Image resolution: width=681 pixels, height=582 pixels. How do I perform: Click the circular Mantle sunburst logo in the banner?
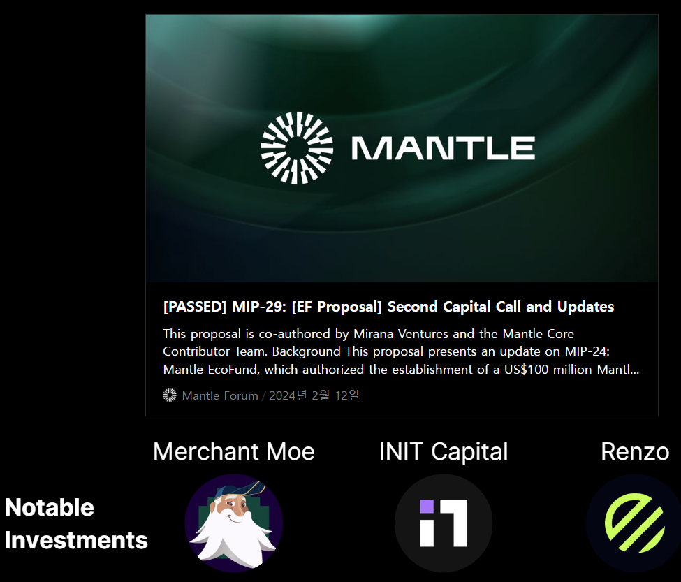297,148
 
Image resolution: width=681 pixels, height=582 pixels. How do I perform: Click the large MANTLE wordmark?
443,148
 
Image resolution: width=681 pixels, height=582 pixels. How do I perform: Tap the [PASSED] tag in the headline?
195,307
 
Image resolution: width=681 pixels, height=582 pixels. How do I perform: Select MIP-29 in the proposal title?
259,307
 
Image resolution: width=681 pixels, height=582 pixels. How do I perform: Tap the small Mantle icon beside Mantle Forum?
170,395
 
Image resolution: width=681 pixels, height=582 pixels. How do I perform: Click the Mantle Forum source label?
220,395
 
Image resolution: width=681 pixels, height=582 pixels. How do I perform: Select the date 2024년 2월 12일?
314,395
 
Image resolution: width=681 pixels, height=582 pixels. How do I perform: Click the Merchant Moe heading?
234,451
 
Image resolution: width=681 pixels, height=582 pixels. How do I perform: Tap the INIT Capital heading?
444,452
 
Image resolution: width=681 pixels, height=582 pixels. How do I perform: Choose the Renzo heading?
635,452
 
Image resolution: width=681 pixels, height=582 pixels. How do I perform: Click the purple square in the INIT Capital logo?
427,507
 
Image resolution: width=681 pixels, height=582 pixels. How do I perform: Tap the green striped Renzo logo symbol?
634,523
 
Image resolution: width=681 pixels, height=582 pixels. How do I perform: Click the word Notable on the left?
50,507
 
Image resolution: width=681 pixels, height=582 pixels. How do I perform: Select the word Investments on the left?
76,540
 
